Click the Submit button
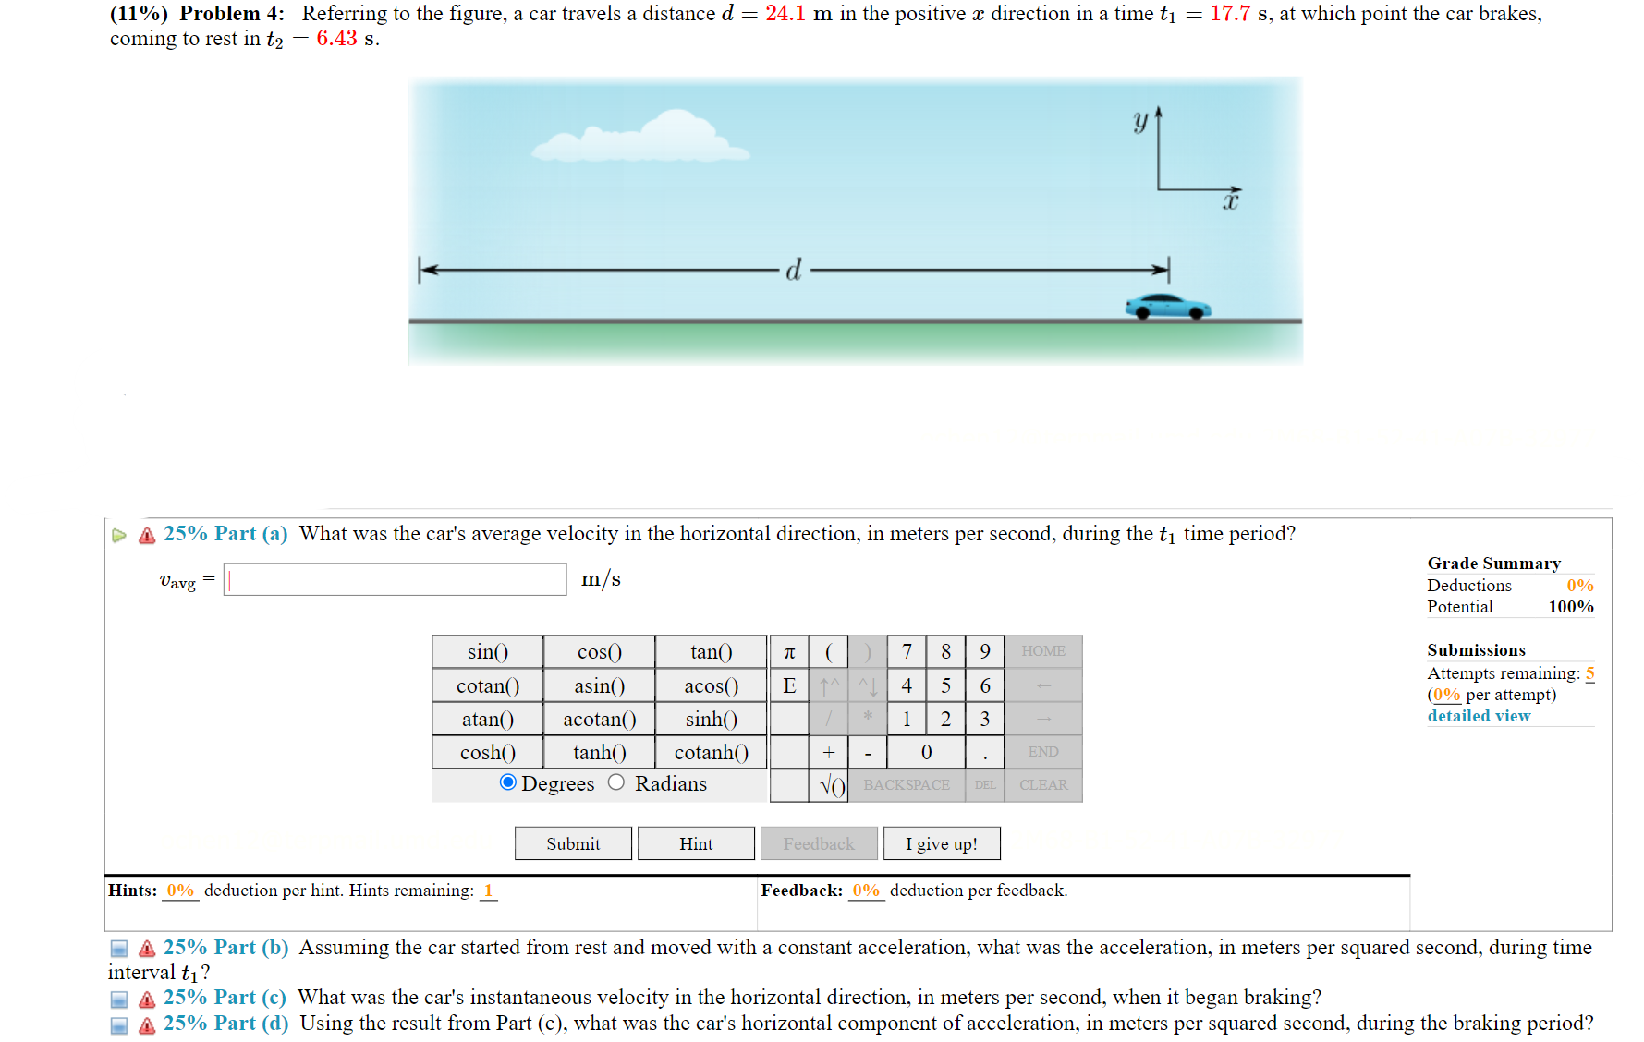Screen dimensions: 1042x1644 [573, 843]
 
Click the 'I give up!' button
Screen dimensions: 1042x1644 [941, 843]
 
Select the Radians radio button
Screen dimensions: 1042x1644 [616, 783]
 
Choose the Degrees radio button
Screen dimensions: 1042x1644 [507, 783]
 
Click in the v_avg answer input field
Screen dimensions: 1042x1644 [395, 579]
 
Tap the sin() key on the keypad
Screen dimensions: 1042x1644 [487, 652]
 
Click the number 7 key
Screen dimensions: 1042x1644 [907, 652]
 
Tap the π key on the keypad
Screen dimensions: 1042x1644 [789, 652]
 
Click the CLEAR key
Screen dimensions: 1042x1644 [1042, 785]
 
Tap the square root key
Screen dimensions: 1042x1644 [832, 785]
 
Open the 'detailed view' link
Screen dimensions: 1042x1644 [1479, 716]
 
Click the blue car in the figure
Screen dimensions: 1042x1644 [1167, 307]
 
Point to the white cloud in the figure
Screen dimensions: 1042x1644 [647, 139]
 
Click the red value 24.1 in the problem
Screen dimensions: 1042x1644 [785, 14]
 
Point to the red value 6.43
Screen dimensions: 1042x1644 [336, 39]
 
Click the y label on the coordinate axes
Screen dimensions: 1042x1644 [1141, 121]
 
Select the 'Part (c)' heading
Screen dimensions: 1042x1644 [225, 998]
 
